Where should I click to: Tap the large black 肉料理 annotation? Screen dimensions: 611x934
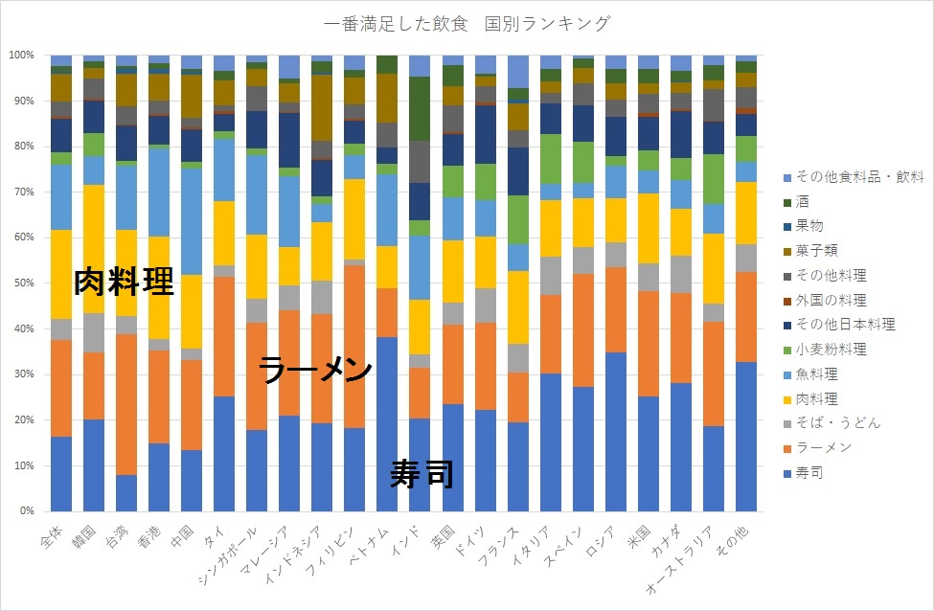click(124, 282)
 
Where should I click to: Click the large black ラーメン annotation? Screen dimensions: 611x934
click(315, 372)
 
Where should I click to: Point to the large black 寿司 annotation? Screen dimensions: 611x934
click(421, 473)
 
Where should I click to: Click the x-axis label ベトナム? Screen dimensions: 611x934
click(375, 543)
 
